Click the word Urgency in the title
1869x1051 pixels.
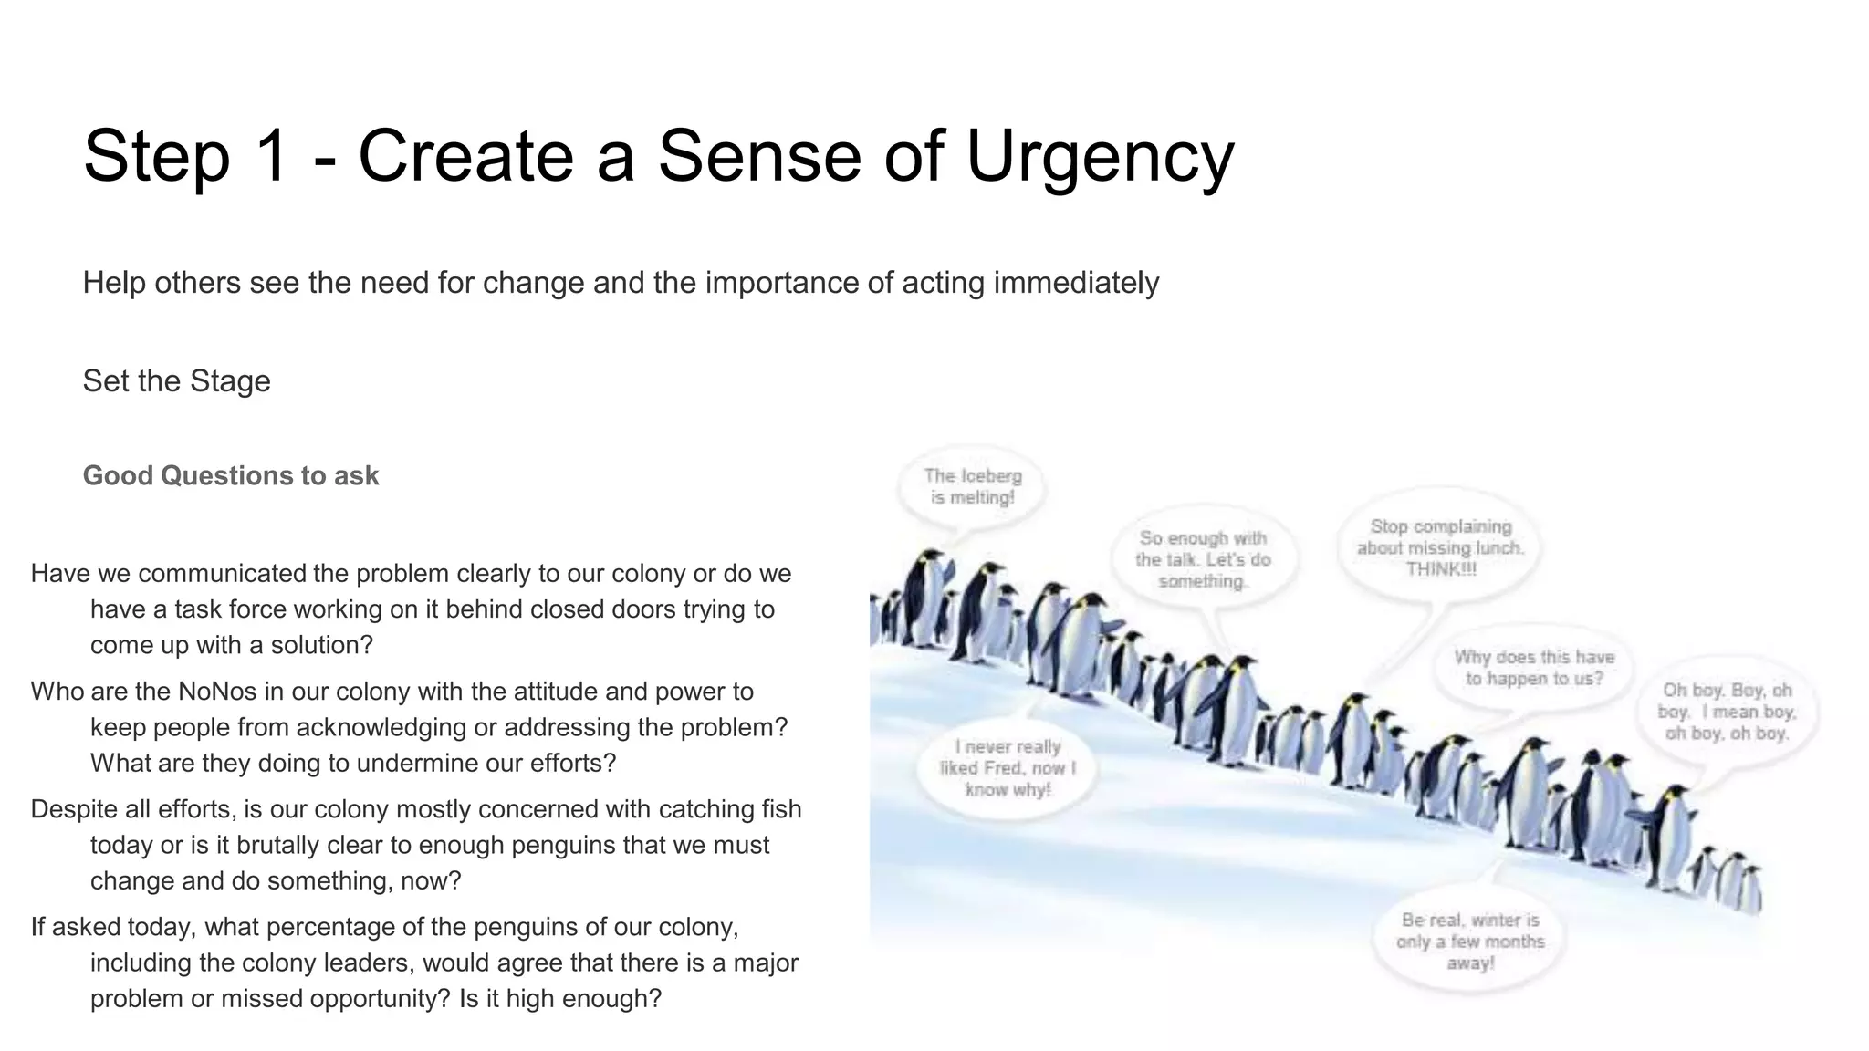coord(1100,157)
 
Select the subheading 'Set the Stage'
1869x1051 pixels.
coord(176,380)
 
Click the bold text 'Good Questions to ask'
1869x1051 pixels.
coord(231,475)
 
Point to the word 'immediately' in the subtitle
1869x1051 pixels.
coord(1076,283)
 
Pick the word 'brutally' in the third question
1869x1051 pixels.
coord(273,845)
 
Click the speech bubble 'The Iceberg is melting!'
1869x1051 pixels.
coord(972,486)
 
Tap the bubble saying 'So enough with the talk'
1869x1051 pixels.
coord(1202,559)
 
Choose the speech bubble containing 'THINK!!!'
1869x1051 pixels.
coord(1440,547)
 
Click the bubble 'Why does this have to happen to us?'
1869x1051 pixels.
coord(1534,668)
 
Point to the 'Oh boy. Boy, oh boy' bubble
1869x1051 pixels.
coord(1727,712)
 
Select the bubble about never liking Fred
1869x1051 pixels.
coord(1008,768)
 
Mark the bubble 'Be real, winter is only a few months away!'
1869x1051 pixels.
coord(1469,942)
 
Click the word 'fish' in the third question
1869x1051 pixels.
coord(780,809)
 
